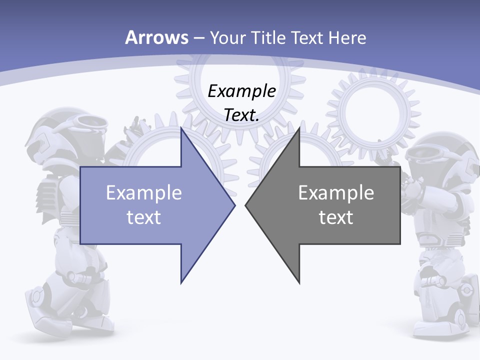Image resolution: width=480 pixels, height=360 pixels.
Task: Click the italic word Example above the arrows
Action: pos(241,91)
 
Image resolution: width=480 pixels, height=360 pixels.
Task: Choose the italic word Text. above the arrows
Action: pos(241,115)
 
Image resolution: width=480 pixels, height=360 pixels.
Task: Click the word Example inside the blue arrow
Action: pos(144,192)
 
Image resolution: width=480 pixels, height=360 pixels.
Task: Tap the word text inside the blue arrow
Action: pos(144,217)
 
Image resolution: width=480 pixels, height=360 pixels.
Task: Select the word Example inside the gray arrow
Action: pos(336,192)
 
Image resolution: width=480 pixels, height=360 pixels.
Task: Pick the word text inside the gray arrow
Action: pos(336,217)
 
